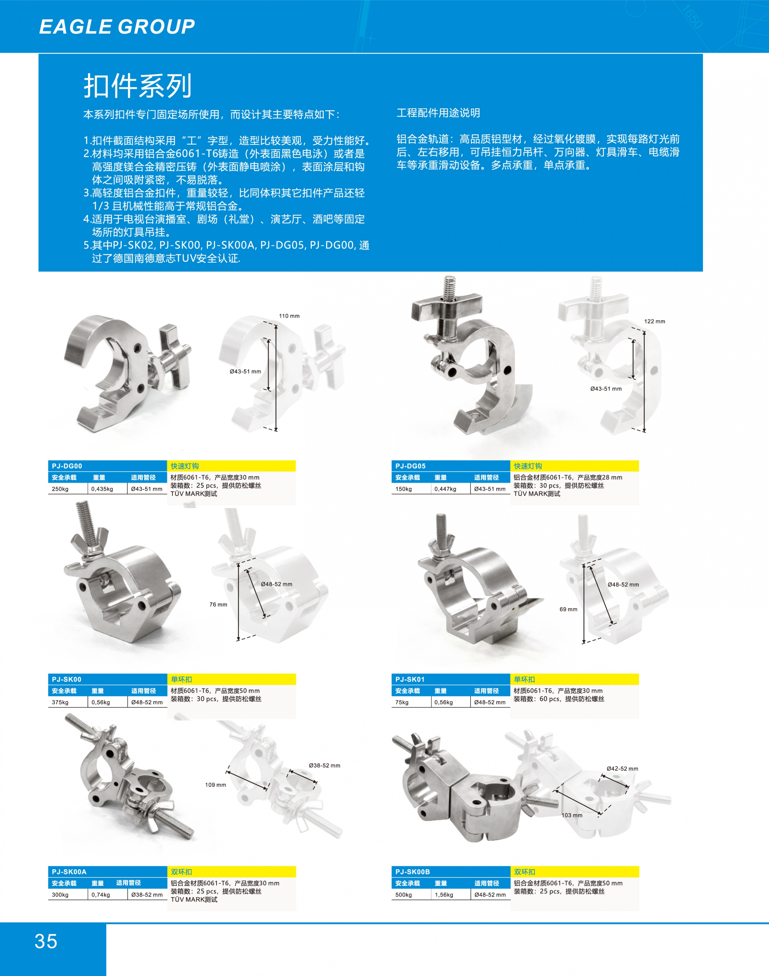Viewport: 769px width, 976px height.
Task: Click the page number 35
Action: (46, 941)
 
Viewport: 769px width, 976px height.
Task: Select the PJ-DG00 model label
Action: (67, 466)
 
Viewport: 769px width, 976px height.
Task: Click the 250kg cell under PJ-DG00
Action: (60, 489)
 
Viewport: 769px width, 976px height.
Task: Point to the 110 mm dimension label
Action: (289, 316)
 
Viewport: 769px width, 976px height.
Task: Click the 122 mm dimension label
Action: (654, 321)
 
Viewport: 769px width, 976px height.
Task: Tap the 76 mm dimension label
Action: (218, 605)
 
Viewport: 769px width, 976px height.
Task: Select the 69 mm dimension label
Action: (568, 609)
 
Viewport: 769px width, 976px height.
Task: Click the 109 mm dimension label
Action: (216, 785)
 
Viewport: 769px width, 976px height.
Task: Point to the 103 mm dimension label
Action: (572, 815)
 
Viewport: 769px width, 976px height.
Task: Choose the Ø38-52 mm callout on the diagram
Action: (325, 765)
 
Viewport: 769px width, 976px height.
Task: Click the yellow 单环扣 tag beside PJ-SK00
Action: (181, 679)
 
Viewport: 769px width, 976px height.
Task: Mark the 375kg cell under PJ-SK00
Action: (60, 702)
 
